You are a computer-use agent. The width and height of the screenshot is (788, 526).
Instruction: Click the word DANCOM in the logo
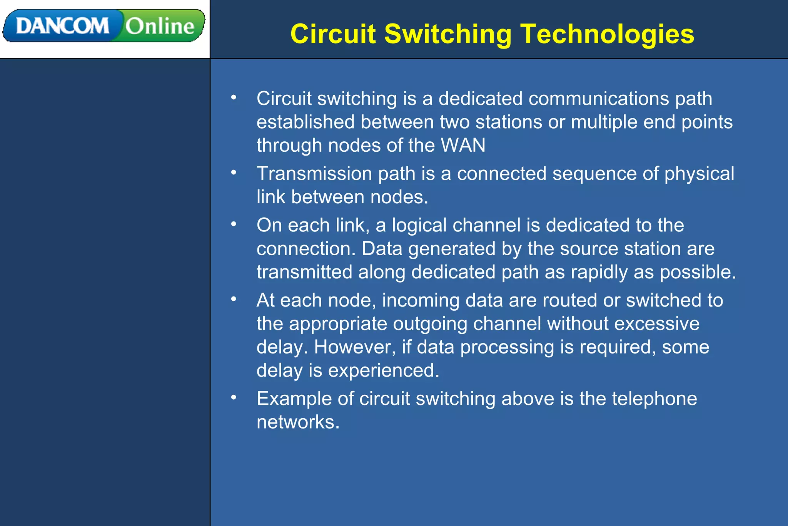(62, 26)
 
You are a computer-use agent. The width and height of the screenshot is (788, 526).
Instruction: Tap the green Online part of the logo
(160, 26)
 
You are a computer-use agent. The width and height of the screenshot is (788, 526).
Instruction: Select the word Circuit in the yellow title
(333, 34)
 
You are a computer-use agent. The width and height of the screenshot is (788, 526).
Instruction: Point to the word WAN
(463, 146)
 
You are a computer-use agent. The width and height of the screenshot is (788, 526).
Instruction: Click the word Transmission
(314, 174)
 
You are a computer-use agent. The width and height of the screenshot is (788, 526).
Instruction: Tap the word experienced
(383, 370)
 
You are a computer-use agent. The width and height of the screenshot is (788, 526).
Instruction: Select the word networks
(298, 422)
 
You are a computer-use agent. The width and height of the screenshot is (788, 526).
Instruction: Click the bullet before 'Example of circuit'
(234, 397)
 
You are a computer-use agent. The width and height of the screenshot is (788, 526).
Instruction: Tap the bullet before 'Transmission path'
(234, 172)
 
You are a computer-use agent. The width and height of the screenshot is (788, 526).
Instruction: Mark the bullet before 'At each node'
(234, 299)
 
